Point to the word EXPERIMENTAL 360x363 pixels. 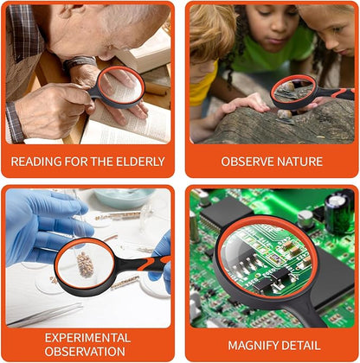point(87,338)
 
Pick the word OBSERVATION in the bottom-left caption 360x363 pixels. point(85,352)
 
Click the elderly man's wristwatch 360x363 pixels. point(80,62)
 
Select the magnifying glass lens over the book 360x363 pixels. point(121,87)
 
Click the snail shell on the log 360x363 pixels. point(285,114)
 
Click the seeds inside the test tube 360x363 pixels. point(85,264)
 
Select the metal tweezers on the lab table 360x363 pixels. point(45,315)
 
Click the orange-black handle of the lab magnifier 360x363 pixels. point(145,264)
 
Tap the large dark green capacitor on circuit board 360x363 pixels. point(339,213)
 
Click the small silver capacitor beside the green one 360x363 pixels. point(305,219)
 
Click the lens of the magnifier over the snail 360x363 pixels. point(292,90)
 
